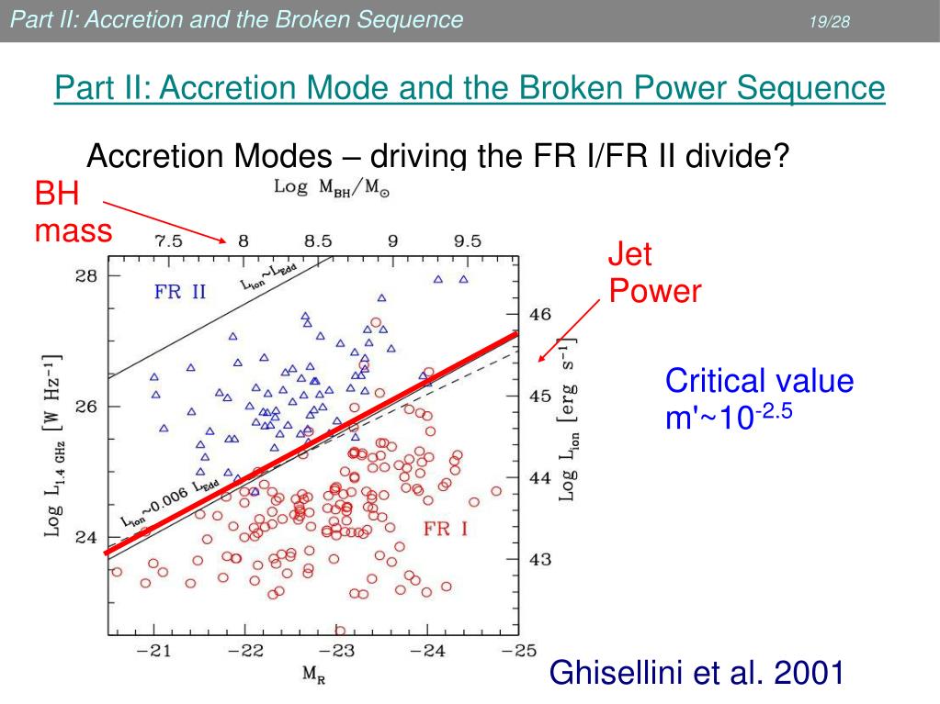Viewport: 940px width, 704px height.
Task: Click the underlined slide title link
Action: [x=470, y=89]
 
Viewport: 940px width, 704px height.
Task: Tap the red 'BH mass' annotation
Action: [x=73, y=212]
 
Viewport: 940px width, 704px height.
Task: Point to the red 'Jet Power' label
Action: [x=654, y=273]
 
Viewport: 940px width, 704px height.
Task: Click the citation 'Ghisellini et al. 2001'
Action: [x=697, y=674]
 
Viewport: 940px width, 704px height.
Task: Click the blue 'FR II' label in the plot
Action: [x=180, y=293]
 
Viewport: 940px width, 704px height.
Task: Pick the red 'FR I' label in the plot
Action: [x=446, y=529]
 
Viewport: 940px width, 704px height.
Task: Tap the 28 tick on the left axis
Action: [x=85, y=275]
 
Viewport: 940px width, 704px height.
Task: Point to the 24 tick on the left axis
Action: [x=85, y=537]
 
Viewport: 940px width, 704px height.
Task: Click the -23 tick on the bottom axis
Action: [x=339, y=651]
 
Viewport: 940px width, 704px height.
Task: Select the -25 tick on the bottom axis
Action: [x=518, y=651]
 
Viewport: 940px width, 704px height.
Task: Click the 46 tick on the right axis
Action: [x=540, y=314]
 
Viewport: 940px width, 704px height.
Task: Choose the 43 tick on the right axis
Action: [x=540, y=559]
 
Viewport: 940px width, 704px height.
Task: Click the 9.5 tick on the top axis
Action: [x=467, y=242]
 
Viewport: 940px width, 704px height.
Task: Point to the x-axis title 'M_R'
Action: [x=314, y=676]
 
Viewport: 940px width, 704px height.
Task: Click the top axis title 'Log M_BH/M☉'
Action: [x=332, y=187]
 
